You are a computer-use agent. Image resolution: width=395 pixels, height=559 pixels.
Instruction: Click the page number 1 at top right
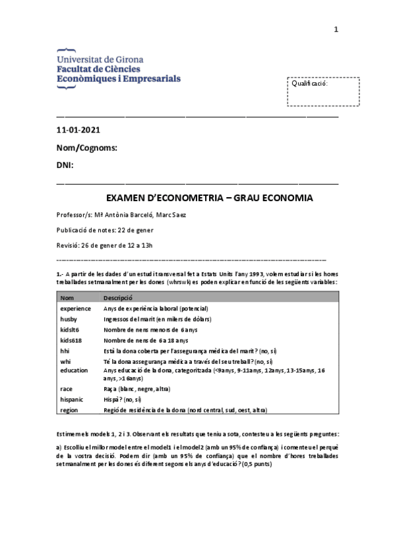pos(336,29)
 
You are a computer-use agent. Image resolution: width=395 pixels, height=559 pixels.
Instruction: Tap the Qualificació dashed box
pos(323,91)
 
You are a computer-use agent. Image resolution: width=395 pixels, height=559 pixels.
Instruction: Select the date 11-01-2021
pos(79,131)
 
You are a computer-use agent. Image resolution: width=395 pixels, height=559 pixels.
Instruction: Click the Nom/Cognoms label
pos(86,148)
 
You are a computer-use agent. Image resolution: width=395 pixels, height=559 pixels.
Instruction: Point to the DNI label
pos(65,164)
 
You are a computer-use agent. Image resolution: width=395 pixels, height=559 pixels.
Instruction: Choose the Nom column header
pos(67,298)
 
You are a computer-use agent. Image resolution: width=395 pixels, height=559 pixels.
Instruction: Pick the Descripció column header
pos(119,298)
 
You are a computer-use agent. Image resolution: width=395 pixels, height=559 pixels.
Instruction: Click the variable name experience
pos(75,309)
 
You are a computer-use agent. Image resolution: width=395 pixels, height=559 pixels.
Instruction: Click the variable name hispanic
pos(72,399)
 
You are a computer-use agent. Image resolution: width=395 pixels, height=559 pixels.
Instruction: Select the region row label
pos(69,409)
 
